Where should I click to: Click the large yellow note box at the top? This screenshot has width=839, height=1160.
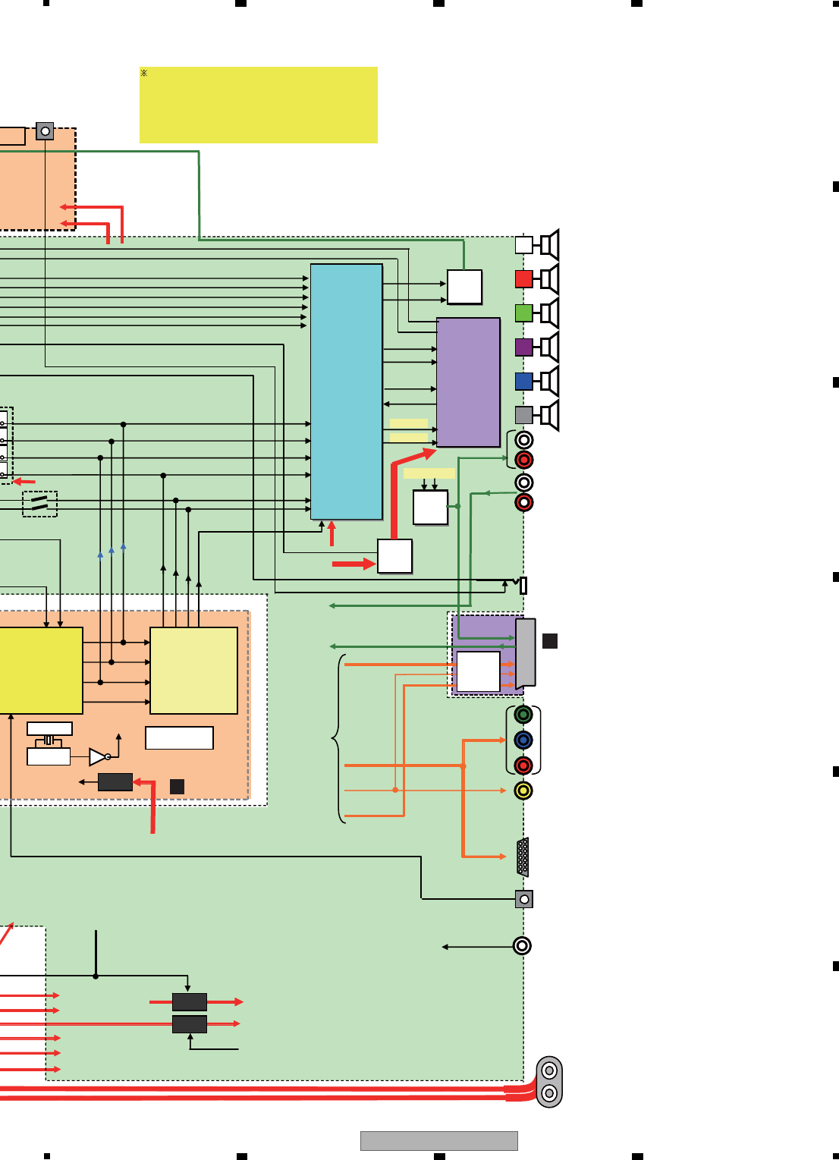click(x=258, y=105)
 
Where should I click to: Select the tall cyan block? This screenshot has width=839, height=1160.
click(x=346, y=391)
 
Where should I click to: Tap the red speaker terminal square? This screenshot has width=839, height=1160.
click(x=523, y=278)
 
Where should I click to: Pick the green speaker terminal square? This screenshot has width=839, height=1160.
click(x=523, y=313)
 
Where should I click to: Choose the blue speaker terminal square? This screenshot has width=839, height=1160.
click(x=523, y=381)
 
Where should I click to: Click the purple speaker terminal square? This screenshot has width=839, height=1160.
click(x=523, y=347)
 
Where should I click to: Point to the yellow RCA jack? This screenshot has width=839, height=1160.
click(x=523, y=791)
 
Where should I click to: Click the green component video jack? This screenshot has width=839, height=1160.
click(x=523, y=714)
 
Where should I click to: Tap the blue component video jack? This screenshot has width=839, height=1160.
click(x=523, y=740)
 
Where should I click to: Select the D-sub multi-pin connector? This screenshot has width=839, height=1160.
click(x=523, y=857)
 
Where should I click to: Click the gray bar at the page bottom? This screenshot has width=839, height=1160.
click(x=438, y=1141)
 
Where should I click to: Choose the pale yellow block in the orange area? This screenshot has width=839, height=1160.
click(x=193, y=670)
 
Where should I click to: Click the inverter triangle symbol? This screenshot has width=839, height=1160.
click(x=98, y=756)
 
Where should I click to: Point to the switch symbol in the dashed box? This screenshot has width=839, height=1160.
click(x=39, y=504)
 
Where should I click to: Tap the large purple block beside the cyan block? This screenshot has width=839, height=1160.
click(x=468, y=382)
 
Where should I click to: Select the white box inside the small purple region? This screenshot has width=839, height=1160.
click(x=478, y=671)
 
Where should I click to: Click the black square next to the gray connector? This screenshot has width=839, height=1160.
click(x=550, y=641)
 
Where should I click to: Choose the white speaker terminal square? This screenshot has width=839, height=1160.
click(x=523, y=244)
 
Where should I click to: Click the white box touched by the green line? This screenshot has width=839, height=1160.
click(x=464, y=287)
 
